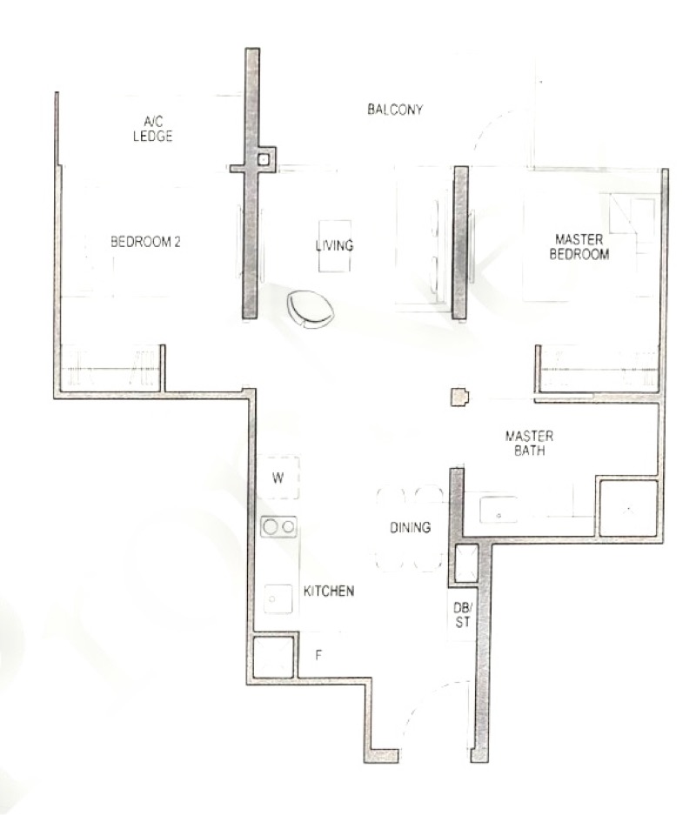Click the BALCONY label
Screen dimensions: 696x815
coord(395,109)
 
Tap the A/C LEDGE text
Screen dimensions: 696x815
coord(153,129)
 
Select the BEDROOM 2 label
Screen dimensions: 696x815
coord(145,242)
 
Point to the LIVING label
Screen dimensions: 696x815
coord(335,245)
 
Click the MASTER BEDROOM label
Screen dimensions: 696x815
coord(579,246)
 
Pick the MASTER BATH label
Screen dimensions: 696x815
coord(529,443)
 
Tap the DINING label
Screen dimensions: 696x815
coord(410,528)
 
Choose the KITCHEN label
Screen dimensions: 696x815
coord(329,591)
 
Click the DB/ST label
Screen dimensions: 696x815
coord(462,614)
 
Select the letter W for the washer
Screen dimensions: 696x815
coord(278,478)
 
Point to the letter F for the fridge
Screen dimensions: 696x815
coord(318,656)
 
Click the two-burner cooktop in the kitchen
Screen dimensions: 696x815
coord(278,526)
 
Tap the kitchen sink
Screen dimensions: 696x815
coord(278,598)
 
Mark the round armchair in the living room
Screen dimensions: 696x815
coord(311,310)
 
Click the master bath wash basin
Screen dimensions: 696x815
coord(499,510)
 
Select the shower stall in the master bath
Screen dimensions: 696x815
coord(628,508)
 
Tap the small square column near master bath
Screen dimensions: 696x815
coord(459,397)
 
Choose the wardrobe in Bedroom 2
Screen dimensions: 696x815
coord(110,368)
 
